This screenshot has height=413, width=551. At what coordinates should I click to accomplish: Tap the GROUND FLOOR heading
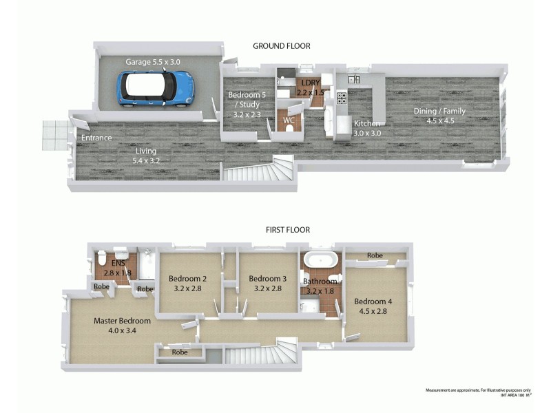click(281, 46)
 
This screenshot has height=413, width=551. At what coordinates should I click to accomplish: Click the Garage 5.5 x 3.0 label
click(152, 62)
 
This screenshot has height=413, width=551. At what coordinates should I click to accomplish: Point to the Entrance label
click(96, 138)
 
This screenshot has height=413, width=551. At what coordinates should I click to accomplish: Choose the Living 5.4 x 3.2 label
click(145, 156)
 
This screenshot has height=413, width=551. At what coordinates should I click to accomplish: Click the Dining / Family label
click(439, 115)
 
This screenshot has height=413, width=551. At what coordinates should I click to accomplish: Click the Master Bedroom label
click(122, 326)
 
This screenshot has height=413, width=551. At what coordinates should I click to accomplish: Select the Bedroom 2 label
click(187, 283)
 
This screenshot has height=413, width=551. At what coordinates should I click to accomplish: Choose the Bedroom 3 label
click(267, 283)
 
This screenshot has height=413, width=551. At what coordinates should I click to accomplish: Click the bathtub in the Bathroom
click(322, 260)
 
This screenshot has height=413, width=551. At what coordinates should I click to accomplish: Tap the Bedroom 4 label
click(373, 305)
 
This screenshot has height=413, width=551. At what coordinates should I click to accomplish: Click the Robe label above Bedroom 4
click(375, 255)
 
